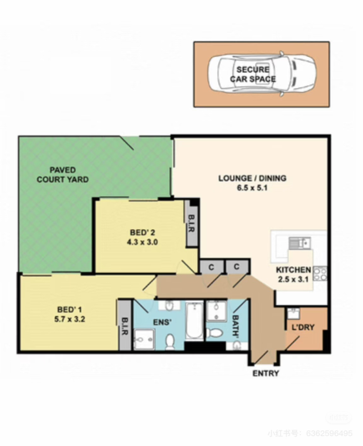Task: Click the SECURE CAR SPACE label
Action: point(253,74)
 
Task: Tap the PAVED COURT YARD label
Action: point(63,175)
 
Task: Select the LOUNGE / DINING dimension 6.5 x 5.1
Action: point(252,188)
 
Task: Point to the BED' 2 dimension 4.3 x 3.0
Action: point(142,242)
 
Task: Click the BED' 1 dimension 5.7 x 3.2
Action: point(70,319)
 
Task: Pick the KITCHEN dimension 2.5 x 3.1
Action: point(293,279)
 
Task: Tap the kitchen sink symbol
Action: point(299,243)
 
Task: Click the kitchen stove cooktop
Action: point(320,274)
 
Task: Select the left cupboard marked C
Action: point(211,268)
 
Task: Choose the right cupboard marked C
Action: point(237,267)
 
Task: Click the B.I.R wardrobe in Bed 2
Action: point(191,224)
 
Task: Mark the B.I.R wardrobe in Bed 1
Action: point(125,325)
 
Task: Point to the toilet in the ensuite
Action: point(170,342)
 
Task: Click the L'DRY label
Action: point(303,327)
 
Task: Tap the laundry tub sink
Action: point(293,313)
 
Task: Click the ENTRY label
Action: point(266,373)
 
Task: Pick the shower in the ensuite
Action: point(145,339)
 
